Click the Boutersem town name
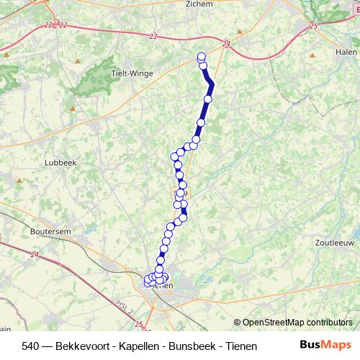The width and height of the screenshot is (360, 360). point(50,232)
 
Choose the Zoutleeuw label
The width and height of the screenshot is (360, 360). point(332,243)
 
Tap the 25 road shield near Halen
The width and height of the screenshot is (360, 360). point(312,26)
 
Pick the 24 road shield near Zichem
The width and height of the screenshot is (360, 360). point(227,44)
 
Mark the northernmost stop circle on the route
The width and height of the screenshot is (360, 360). point(202,57)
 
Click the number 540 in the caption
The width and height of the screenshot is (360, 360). point(30,346)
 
